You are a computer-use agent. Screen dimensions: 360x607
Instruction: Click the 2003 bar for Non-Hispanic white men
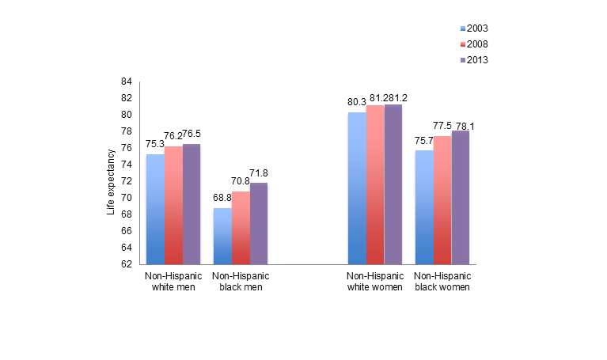[x=155, y=210]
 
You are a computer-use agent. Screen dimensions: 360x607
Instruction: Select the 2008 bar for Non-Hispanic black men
[x=241, y=228]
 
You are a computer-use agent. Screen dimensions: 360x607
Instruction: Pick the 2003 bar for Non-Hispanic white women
[x=357, y=188]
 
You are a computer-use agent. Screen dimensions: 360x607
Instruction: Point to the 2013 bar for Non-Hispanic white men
[x=192, y=204]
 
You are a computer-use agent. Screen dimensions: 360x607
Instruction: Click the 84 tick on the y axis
[x=127, y=81]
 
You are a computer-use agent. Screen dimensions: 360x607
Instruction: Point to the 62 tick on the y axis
[x=127, y=264]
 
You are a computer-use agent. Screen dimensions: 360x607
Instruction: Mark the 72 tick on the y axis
[x=127, y=181]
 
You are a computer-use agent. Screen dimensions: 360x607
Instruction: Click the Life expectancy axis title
[x=111, y=173]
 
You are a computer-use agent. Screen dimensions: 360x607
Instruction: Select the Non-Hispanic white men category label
[x=173, y=282]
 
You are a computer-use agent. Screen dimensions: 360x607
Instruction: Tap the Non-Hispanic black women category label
[x=442, y=282]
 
